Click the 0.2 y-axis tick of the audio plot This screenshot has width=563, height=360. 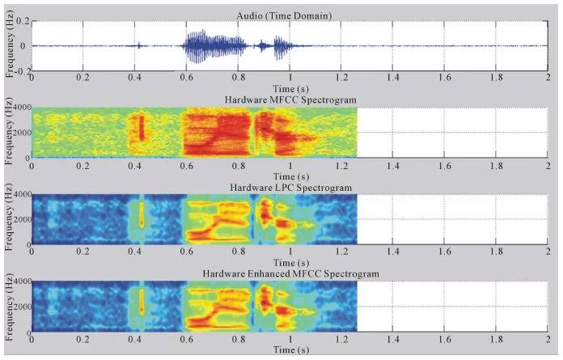point(23,20)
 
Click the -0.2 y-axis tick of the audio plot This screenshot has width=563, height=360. point(22,70)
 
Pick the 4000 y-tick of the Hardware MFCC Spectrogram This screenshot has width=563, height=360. point(19,107)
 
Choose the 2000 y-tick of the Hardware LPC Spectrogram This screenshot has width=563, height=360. point(19,219)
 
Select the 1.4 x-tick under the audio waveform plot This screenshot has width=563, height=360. point(392,78)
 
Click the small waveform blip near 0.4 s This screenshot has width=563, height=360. point(140,45)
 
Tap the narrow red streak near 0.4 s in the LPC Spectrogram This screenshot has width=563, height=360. point(142,214)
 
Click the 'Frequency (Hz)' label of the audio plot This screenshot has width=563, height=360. point(9,45)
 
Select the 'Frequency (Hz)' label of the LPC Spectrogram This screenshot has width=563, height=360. point(9,219)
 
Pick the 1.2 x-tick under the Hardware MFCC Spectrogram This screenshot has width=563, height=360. point(338,164)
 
